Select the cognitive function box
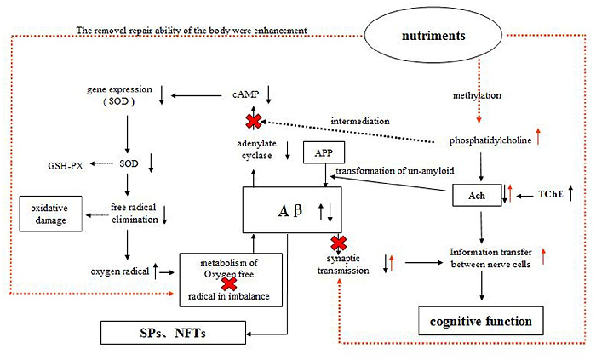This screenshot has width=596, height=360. [x=481, y=322]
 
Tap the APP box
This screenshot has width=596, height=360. [x=323, y=153]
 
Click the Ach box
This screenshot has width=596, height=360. [x=471, y=194]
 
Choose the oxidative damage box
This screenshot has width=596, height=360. [x=52, y=211]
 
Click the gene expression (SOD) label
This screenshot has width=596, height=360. [x=121, y=94]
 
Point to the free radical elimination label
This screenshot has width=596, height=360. [x=135, y=212]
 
